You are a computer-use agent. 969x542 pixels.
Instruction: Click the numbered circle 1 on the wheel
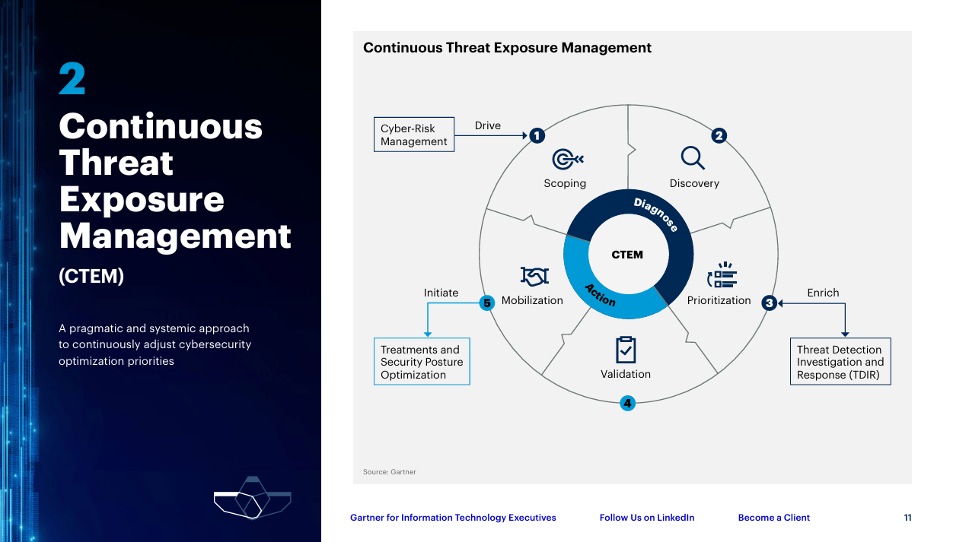(537, 135)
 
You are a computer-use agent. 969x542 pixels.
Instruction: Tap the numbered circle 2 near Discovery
(719, 135)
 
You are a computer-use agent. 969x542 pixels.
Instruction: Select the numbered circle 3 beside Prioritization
(769, 303)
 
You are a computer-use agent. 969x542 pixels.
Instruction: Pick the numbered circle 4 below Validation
(628, 404)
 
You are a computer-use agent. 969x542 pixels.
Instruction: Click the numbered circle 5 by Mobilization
(487, 303)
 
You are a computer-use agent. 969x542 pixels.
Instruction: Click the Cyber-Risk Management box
(414, 135)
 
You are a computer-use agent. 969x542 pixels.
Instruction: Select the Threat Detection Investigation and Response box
(840, 362)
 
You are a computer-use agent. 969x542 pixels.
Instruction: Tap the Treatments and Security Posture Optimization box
(422, 362)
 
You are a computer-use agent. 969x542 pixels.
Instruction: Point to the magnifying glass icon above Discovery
(693, 158)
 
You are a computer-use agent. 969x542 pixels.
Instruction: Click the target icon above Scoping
(568, 159)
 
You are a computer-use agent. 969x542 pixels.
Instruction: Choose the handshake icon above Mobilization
(534, 277)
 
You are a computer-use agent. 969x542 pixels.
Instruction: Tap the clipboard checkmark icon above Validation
(626, 350)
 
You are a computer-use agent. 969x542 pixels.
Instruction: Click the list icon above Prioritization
(722, 275)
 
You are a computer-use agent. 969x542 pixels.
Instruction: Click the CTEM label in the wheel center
(627, 255)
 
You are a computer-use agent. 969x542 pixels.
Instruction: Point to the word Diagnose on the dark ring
(656, 215)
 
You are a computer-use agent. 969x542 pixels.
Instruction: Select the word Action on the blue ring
(600, 296)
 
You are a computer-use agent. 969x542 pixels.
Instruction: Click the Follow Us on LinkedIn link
(647, 518)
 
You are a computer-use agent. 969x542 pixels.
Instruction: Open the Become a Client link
(774, 518)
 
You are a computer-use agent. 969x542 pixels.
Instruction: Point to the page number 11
(907, 518)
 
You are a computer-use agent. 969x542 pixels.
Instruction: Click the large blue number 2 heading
(72, 78)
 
